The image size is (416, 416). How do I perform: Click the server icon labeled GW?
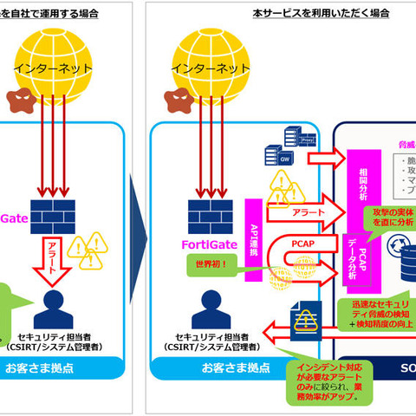pos(283,158)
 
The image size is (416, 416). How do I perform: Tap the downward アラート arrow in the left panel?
pos(54,260)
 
